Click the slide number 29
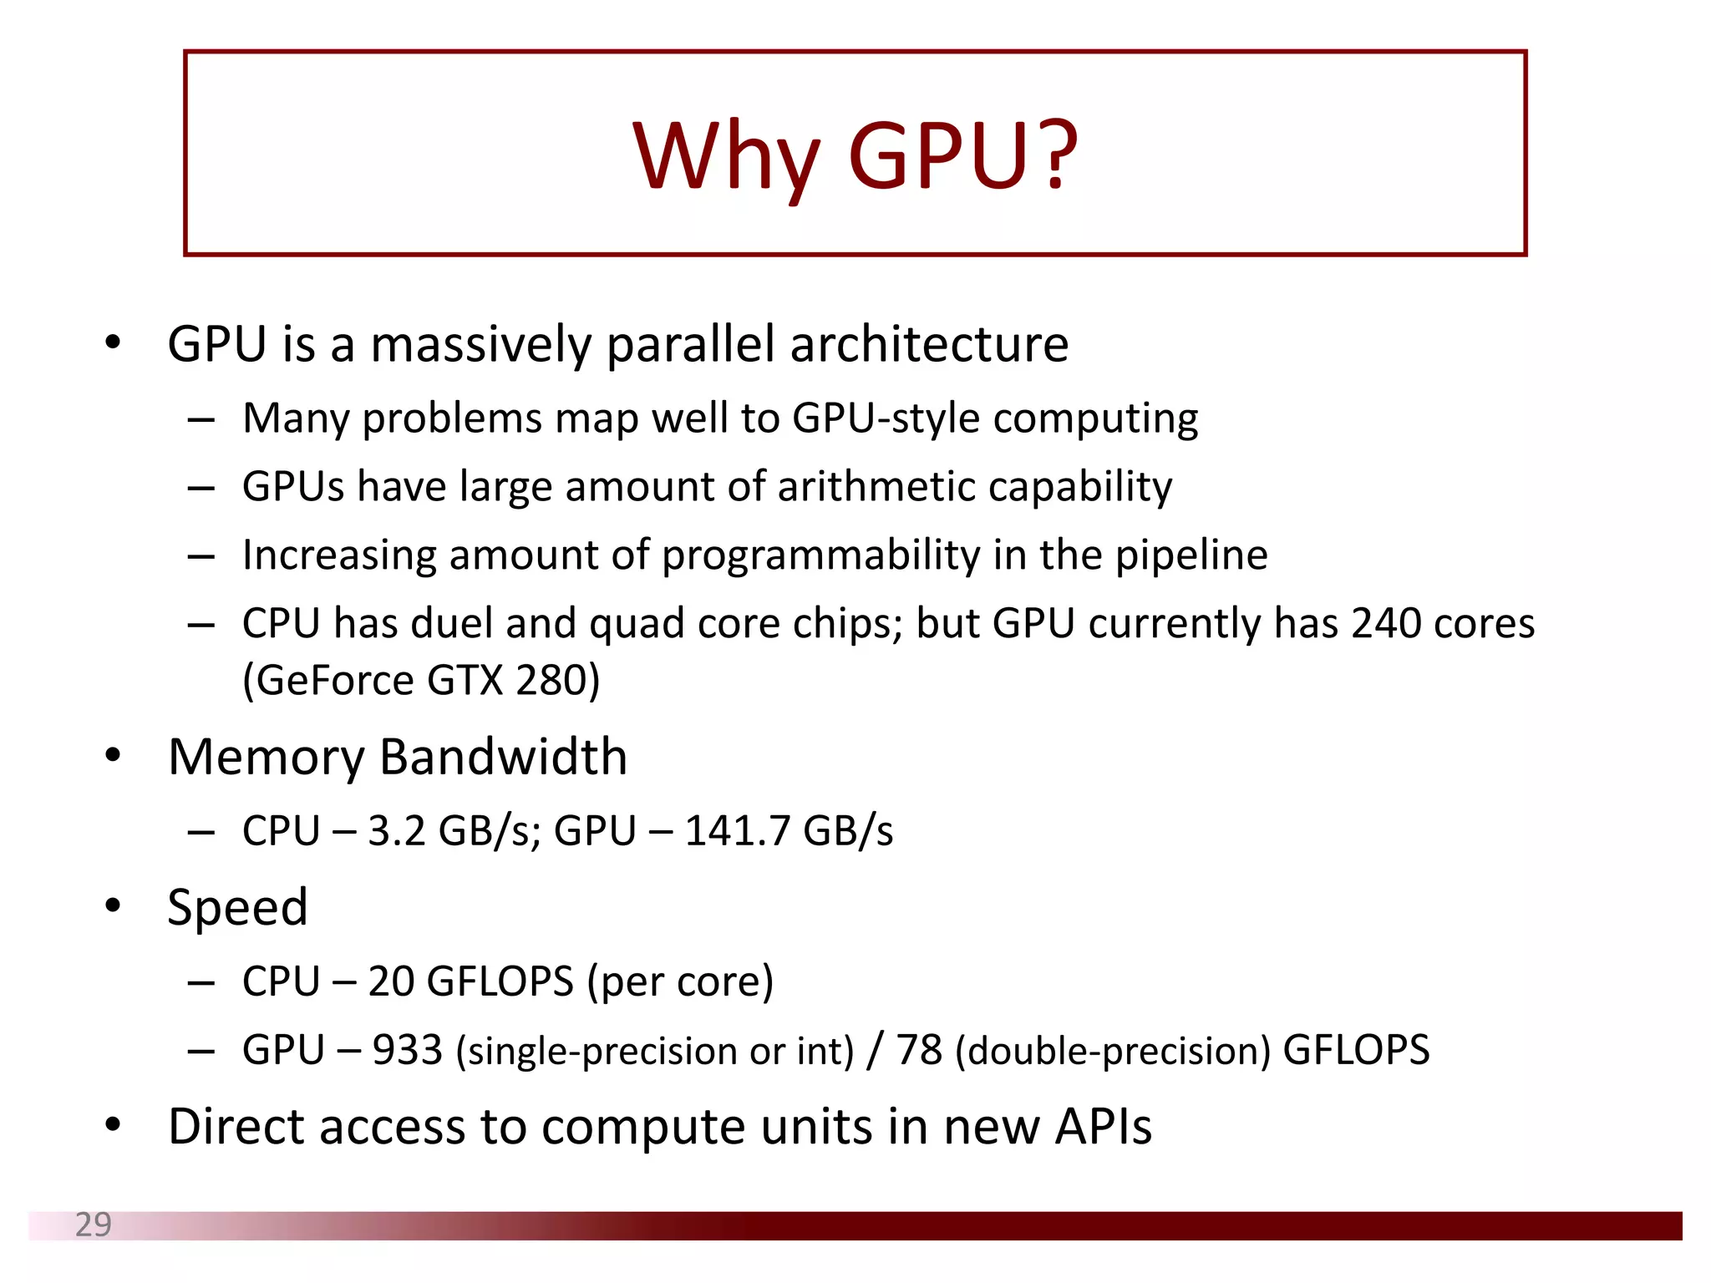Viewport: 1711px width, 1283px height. (93, 1225)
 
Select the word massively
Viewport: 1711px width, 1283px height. (480, 344)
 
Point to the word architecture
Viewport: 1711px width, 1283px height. (929, 344)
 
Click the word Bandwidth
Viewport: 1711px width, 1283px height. (503, 757)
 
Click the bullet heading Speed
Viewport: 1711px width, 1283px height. (237, 907)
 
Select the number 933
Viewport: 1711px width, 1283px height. (407, 1050)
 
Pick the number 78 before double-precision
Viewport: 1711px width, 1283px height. (919, 1050)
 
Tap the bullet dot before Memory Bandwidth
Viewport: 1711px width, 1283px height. (113, 755)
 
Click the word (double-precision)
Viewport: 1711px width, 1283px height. (1113, 1051)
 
